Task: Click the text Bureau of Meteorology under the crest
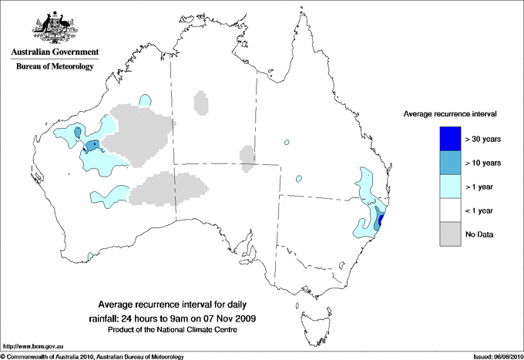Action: point(55,67)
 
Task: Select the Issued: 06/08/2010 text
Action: point(492,356)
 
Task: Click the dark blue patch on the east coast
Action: point(381,223)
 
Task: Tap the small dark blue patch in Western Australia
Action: point(92,144)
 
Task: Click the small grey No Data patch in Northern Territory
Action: point(200,103)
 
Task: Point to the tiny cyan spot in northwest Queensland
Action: point(286,143)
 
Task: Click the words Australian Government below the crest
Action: point(55,52)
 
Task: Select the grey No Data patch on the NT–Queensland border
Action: point(247,157)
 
